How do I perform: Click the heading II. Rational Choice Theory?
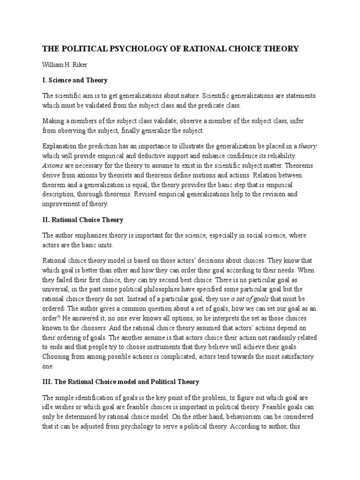coord(82,219)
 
